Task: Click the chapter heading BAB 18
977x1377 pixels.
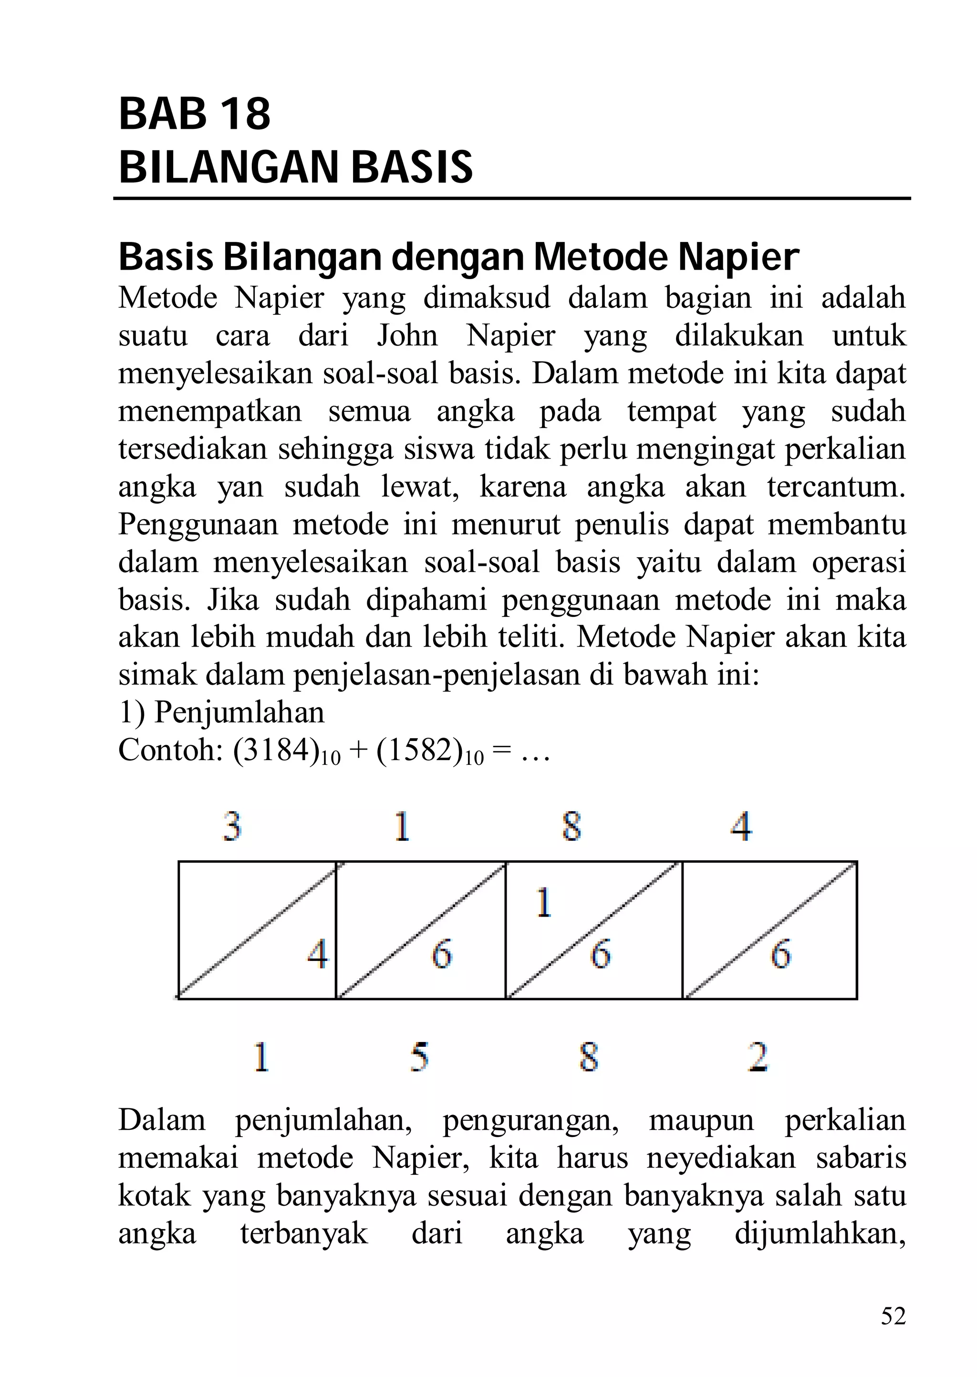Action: click(x=194, y=115)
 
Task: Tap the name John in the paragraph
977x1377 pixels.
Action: click(x=407, y=336)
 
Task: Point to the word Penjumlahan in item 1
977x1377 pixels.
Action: click(x=239, y=713)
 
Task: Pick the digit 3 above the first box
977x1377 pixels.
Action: click(x=232, y=826)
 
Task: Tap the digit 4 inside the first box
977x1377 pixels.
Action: click(x=318, y=954)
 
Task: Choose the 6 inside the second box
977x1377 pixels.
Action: click(x=442, y=954)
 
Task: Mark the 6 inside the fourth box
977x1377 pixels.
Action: click(x=780, y=954)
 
